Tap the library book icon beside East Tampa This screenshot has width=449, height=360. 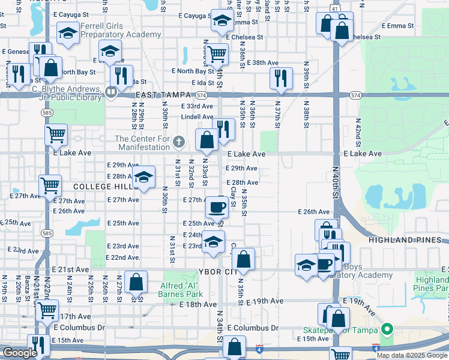click(110, 92)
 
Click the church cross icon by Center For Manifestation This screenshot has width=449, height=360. click(178, 143)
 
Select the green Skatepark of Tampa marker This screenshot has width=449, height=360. click(387, 329)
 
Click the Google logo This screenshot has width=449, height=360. click(20, 353)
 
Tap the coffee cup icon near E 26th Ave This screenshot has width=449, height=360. click(217, 207)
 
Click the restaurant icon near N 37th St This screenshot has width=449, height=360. click(280, 77)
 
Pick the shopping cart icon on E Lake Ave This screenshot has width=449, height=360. click(56, 134)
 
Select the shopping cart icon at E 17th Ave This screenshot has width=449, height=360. click(47, 310)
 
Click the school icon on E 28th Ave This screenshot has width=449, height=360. click(143, 176)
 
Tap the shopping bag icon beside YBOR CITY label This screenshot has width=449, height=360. click(244, 259)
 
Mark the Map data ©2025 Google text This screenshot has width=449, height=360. click(412, 355)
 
